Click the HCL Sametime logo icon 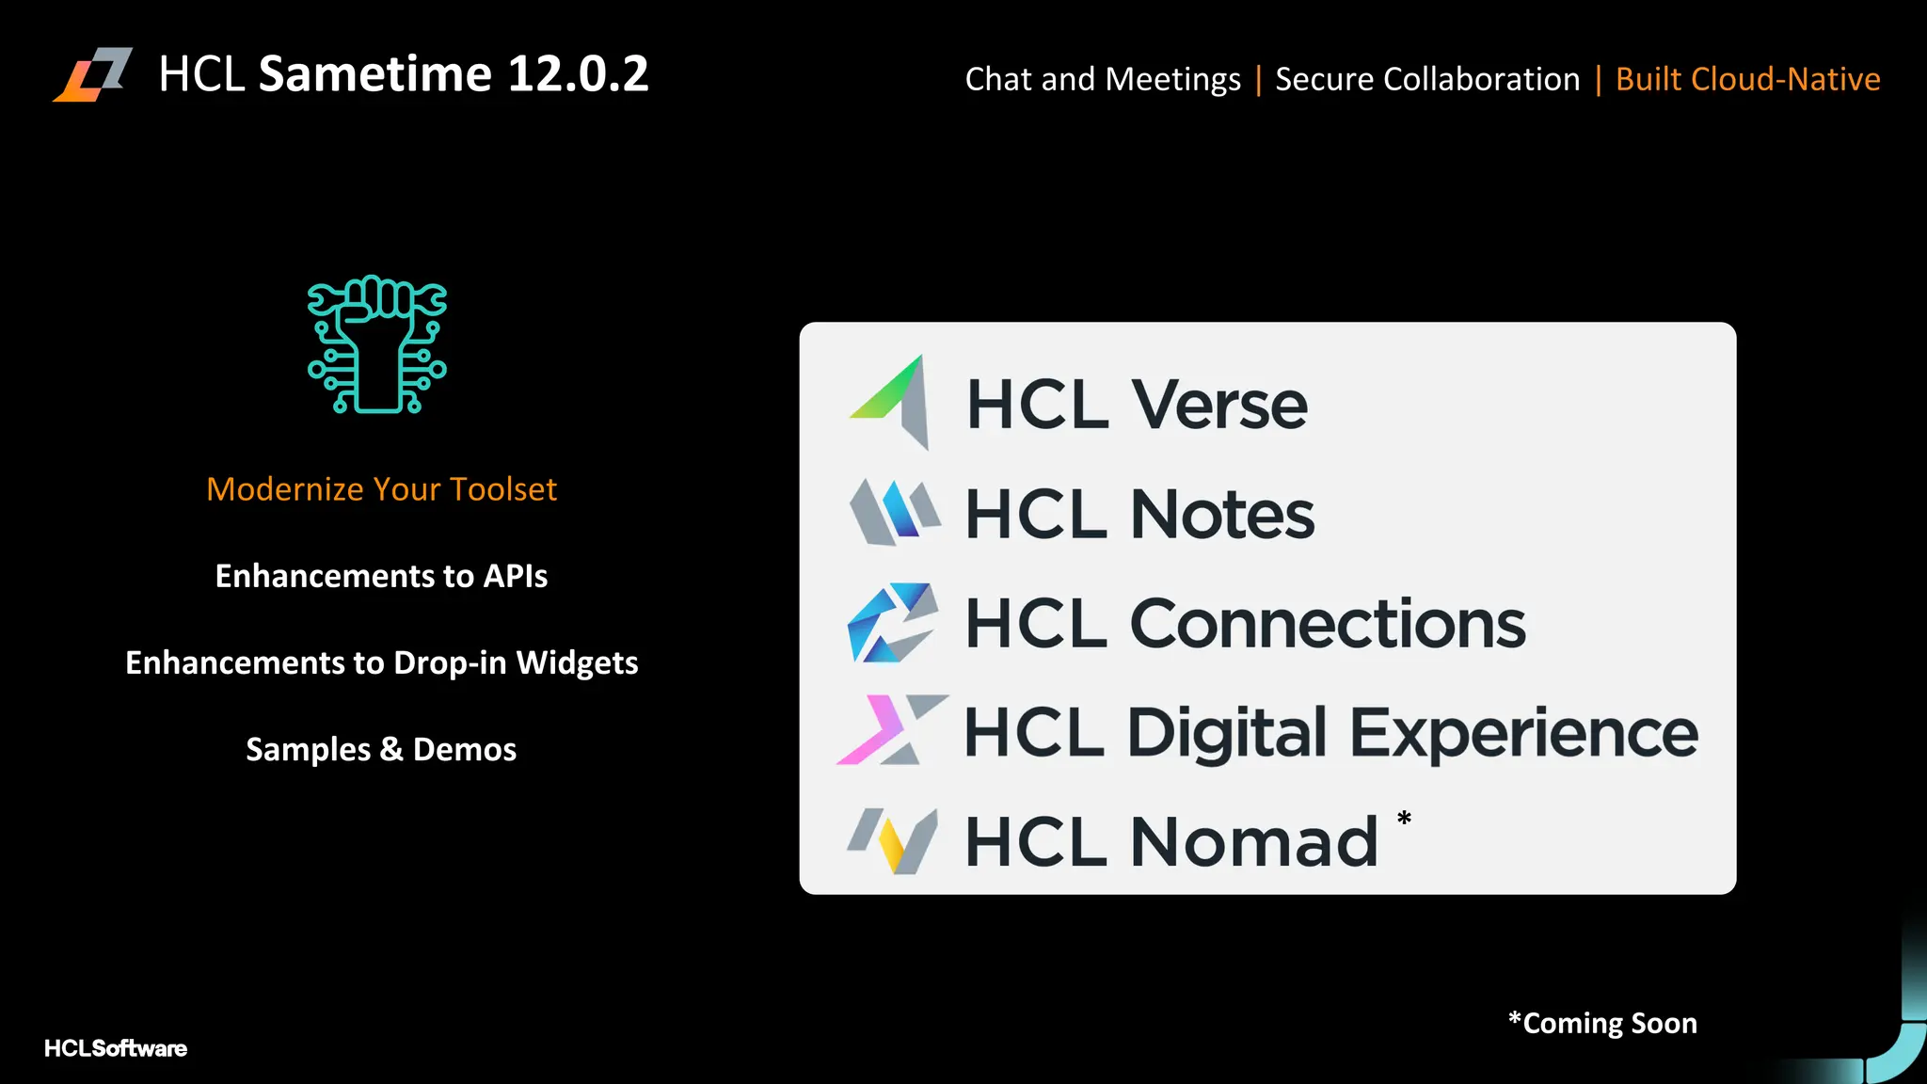tap(92, 74)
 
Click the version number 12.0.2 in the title tap(578, 74)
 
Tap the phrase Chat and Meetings tap(1103, 79)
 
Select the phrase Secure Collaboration tap(1427, 79)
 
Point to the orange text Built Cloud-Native tap(1747, 79)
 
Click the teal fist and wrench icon tap(377, 344)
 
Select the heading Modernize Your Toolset tap(381, 489)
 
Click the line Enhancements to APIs tap(381, 576)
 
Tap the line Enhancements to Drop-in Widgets tap(381, 662)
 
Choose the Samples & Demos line tap(381, 749)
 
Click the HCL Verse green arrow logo tap(891, 403)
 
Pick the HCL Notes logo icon tap(894, 513)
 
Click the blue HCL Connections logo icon tap(892, 623)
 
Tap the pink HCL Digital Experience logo tap(890, 730)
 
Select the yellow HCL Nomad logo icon tap(893, 840)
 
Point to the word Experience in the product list tap(1524, 733)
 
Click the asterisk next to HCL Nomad tap(1404, 819)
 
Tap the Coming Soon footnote tap(1602, 1023)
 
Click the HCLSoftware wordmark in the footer tap(116, 1048)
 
